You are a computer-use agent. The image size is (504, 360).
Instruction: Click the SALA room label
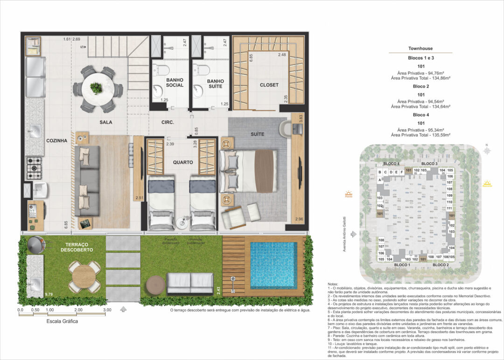105,122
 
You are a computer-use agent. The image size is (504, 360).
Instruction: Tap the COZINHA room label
56,140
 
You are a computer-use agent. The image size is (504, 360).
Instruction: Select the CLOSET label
269,85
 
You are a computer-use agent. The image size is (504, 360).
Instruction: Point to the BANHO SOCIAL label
175,83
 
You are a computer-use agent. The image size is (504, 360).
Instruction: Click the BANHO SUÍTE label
215,84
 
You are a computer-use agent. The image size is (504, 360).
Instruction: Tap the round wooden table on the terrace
84,276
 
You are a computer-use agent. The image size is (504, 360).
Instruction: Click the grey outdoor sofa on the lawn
190,283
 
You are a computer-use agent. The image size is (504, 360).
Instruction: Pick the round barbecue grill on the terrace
35,244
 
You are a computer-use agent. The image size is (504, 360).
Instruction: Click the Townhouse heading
420,48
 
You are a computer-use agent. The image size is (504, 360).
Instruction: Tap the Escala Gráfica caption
62,321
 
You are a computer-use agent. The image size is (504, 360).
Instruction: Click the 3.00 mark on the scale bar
107,310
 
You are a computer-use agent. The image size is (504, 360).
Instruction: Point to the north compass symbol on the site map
486,151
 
